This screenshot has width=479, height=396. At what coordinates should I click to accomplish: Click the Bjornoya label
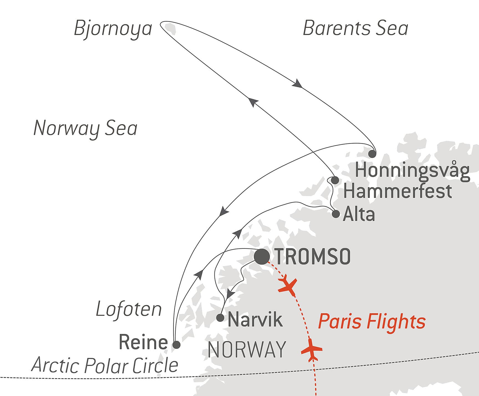113,29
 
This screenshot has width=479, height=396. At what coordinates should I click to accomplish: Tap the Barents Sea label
355,28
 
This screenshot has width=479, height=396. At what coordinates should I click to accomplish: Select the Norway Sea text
85,128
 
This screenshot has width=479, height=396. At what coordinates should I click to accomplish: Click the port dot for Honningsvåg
372,154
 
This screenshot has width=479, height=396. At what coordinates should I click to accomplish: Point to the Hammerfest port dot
335,180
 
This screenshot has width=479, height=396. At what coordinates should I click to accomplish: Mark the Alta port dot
336,214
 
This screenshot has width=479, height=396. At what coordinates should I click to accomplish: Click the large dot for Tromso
262,256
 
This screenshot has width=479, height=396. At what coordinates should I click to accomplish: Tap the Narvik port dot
220,317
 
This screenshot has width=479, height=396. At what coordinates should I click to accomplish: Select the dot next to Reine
176,345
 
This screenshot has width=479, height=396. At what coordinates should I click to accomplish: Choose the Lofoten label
129,309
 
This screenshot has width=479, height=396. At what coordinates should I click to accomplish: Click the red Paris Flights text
372,321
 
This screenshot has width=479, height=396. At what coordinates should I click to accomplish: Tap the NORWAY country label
247,350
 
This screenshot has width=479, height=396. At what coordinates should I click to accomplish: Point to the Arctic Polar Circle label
105,365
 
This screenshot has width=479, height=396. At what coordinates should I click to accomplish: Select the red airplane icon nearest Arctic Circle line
311,350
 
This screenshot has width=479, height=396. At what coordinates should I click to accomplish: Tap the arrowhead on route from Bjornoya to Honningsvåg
298,83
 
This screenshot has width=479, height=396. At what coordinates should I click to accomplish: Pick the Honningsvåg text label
412,170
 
